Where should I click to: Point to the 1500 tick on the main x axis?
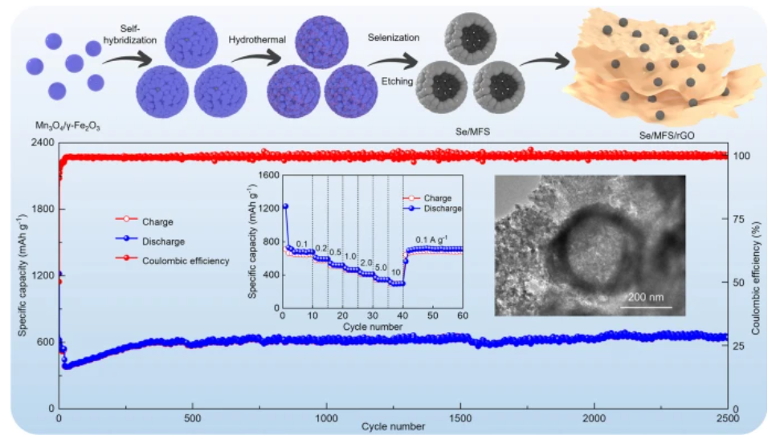(x=460, y=420)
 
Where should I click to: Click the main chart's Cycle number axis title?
(x=393, y=426)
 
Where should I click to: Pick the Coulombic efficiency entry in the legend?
(x=184, y=260)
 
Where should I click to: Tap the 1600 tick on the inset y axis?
(x=268, y=174)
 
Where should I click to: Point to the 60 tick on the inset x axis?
(x=463, y=315)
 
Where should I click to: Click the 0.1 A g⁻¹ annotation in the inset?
(x=434, y=239)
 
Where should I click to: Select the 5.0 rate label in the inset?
(x=381, y=267)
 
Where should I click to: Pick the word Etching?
(x=398, y=81)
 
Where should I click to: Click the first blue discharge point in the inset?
(x=285, y=206)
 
